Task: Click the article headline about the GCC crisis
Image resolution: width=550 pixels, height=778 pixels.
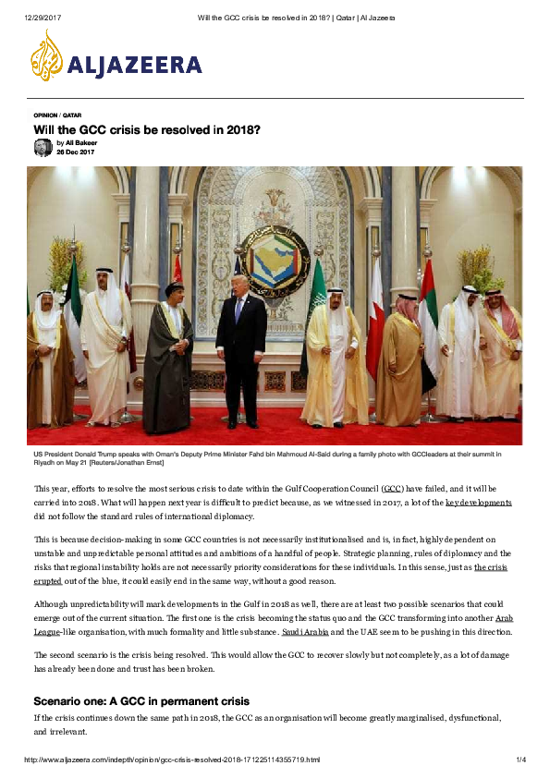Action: click(x=146, y=130)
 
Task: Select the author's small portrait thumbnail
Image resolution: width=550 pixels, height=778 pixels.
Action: click(x=43, y=147)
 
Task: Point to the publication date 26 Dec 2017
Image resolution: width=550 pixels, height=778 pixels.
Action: click(x=77, y=152)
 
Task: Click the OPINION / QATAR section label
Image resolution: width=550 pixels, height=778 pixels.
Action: click(x=57, y=115)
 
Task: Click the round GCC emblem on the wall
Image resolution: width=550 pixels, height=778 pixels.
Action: click(x=275, y=258)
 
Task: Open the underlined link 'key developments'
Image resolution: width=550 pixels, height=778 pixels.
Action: click(x=478, y=502)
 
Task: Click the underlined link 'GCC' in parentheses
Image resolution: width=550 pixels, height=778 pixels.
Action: click(x=392, y=488)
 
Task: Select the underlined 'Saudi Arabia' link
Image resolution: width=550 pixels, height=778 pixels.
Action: click(x=305, y=631)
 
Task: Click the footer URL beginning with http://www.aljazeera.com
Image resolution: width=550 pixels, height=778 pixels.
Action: click(x=173, y=760)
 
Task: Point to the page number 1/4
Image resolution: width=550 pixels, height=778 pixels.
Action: click(x=520, y=760)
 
